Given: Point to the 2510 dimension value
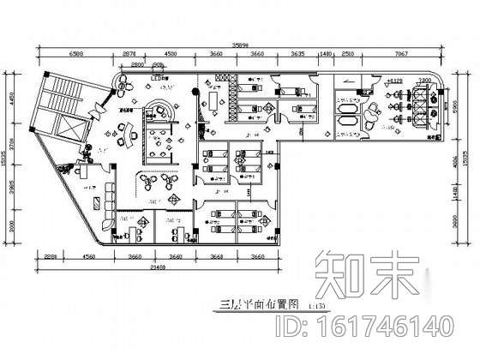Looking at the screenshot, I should tap(348, 54).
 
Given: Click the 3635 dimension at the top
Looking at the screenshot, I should tap(297, 54).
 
